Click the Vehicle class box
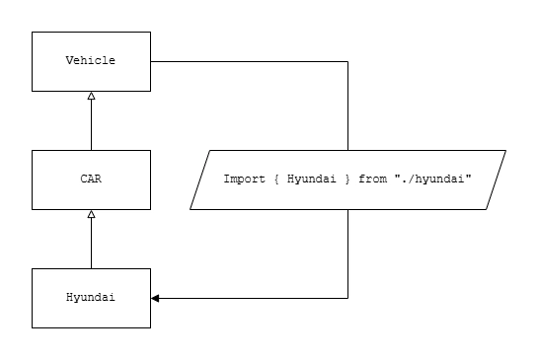pos(91,60)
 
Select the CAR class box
pos(91,180)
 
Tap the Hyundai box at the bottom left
pos(91,297)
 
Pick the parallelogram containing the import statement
pos(347,180)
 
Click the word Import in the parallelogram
pos(244,180)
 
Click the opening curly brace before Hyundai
pos(274,180)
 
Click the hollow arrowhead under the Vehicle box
pos(91,96)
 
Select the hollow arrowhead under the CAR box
pos(91,214)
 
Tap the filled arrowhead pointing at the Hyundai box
pos(155,297)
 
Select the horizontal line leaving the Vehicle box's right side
pos(247,61)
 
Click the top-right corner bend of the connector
pos(348,61)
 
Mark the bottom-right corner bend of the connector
pos(348,297)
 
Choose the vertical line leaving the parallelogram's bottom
pos(348,252)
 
